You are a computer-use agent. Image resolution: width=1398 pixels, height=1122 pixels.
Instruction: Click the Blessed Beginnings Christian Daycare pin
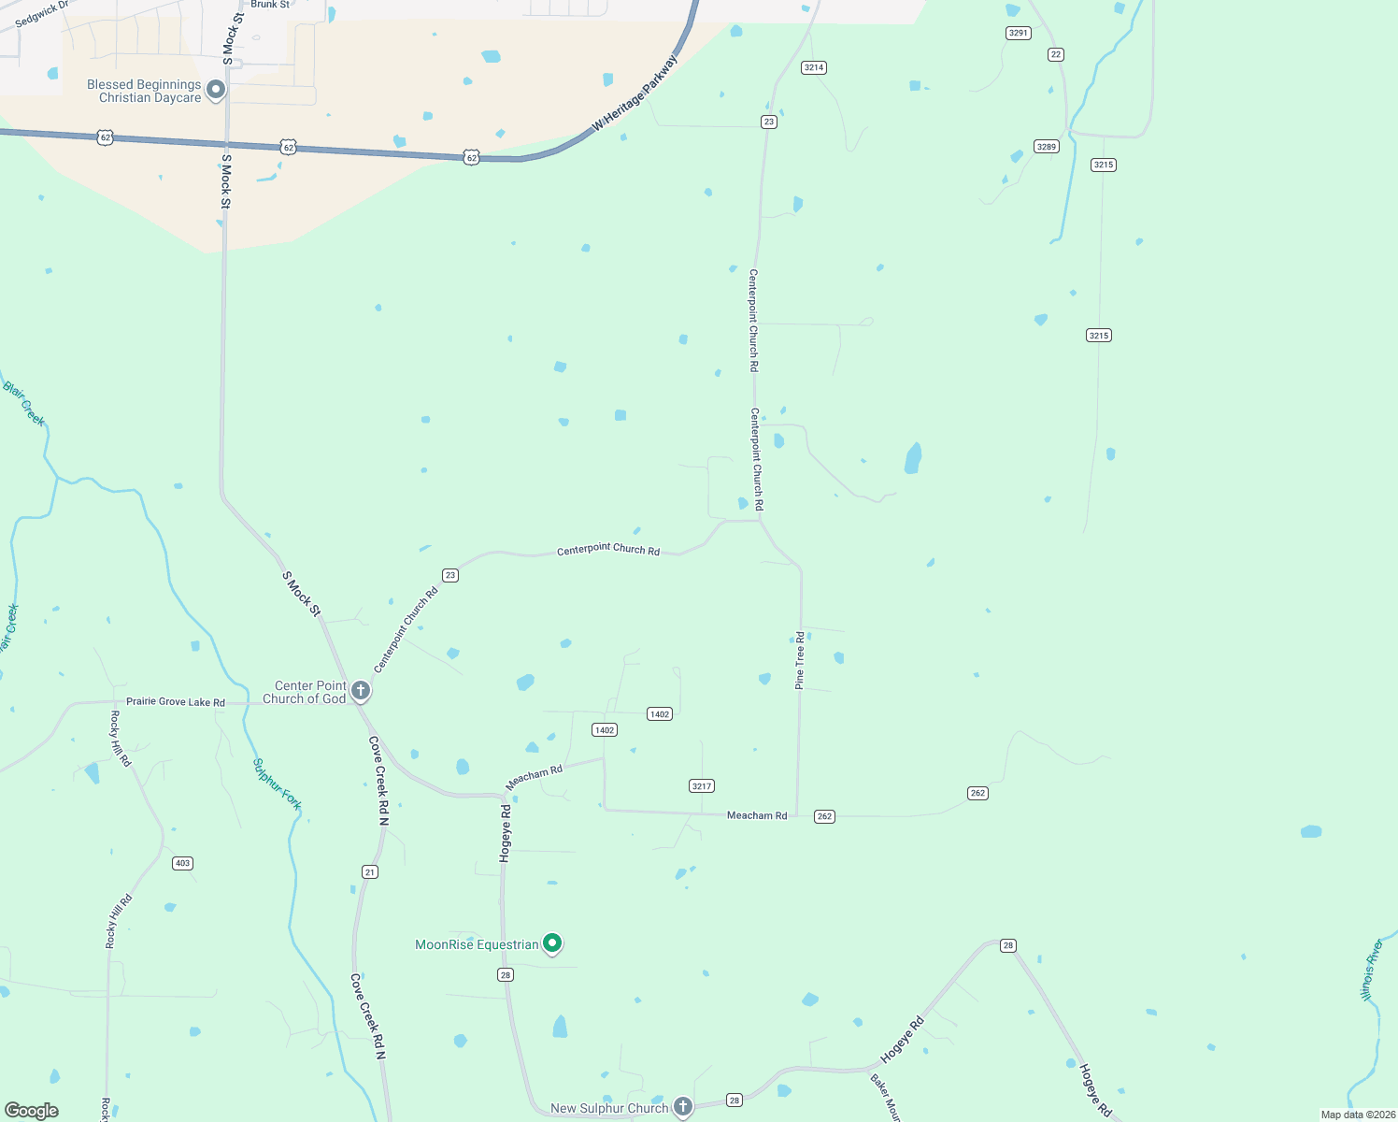point(216,90)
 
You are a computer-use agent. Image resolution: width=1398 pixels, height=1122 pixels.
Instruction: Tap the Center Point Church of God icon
point(361,691)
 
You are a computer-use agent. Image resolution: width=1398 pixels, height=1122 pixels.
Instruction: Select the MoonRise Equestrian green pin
point(552,943)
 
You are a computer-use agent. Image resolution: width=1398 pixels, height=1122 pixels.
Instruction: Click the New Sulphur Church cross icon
point(683,1107)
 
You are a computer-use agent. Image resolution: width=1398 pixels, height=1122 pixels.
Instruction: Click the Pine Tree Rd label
point(800,661)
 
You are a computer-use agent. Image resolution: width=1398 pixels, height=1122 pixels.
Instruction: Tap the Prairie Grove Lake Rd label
point(176,702)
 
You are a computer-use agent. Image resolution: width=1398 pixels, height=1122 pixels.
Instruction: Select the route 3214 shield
point(814,67)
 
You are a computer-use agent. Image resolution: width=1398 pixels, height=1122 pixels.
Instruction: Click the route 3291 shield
point(1018,33)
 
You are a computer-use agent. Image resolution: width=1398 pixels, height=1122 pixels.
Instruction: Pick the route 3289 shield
point(1046,146)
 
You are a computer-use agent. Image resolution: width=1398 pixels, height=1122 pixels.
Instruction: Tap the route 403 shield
point(182,863)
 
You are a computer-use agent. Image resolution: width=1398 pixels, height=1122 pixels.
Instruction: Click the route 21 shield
point(370,872)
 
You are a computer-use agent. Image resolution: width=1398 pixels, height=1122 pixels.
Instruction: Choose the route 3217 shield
point(702,786)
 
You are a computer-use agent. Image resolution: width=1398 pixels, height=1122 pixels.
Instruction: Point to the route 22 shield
point(1056,54)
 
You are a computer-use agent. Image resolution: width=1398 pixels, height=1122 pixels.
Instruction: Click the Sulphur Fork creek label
point(278,784)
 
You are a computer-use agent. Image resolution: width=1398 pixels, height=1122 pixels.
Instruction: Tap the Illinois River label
point(1371,970)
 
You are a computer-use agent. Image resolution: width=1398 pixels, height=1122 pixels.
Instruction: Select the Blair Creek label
point(24,403)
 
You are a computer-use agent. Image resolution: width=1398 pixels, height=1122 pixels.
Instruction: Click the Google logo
point(32,1111)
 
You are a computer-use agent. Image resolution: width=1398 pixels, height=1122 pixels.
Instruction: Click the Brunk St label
point(270,5)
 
